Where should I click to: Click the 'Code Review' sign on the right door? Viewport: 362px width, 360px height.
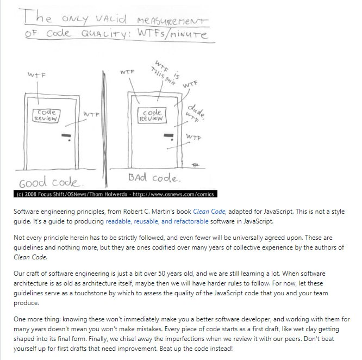(151, 115)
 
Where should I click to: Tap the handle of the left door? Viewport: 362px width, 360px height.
(66, 135)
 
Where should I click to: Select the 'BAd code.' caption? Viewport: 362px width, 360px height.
(155, 178)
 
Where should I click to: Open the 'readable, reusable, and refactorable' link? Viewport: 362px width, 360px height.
(152, 221)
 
